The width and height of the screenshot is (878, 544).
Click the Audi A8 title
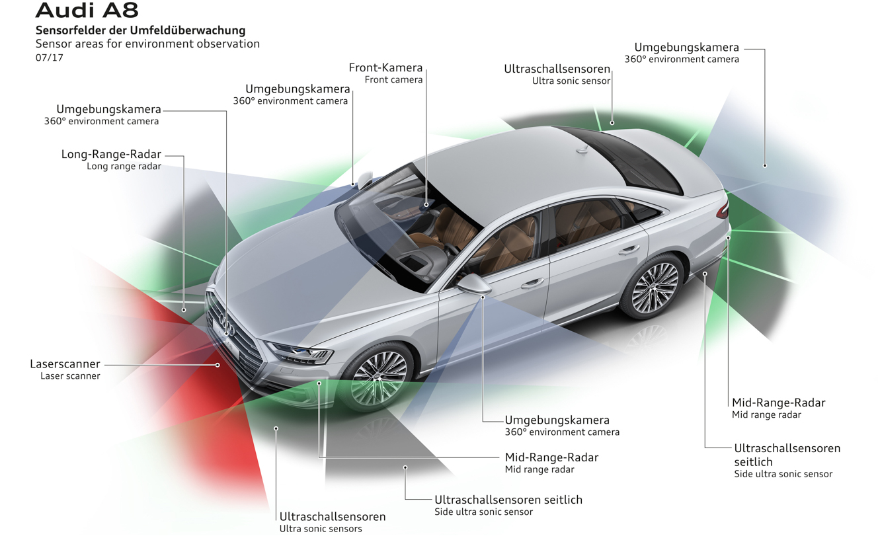[87, 11]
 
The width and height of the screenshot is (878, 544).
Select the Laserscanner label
[65, 364]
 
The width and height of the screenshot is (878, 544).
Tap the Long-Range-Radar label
[111, 155]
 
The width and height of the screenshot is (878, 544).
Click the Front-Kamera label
[385, 68]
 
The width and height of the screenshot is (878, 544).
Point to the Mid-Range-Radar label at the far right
[778, 403]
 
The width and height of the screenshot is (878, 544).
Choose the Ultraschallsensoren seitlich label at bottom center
[508, 500]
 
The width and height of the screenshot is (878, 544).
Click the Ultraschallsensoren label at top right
[557, 69]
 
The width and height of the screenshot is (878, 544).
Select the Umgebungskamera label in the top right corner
[686, 48]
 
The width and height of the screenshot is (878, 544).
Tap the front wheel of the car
[379, 378]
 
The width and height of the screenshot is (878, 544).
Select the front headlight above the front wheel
[301, 353]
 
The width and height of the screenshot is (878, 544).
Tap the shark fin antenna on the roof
[582, 150]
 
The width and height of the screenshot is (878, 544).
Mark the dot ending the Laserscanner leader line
[218, 365]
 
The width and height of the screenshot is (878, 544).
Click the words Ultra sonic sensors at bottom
[320, 529]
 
